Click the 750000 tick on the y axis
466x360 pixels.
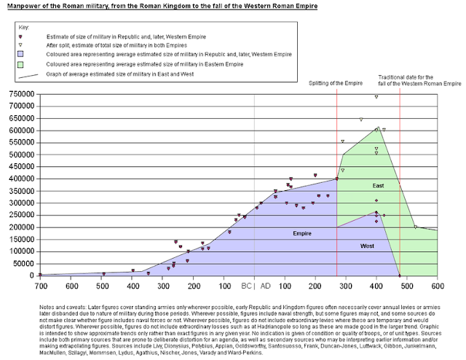click(x=18, y=94)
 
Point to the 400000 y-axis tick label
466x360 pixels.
click(x=18, y=179)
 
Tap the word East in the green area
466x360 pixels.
click(x=378, y=187)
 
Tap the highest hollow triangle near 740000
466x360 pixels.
click(x=376, y=97)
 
